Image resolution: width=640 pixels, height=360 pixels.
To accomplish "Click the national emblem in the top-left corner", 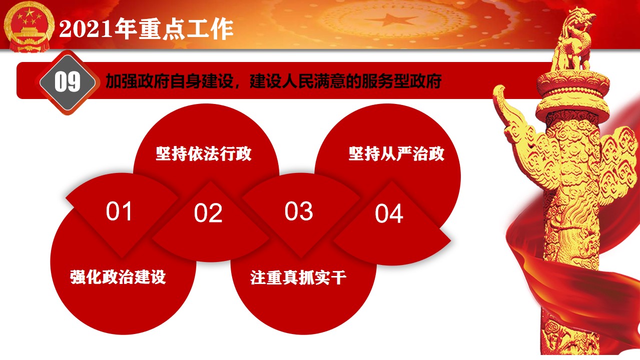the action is point(29,27).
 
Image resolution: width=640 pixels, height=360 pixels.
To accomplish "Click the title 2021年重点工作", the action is point(146,28).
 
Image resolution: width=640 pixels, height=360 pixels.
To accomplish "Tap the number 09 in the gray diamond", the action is point(68,82).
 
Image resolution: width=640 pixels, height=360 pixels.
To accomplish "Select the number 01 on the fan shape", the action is point(119,211).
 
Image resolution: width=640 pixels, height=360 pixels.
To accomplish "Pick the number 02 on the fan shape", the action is point(208,213).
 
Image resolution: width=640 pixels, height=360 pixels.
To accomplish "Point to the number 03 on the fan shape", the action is point(299,211).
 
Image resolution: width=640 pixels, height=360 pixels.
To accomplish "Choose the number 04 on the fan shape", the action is point(389,213).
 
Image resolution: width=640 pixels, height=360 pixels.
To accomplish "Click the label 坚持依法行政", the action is point(204,154).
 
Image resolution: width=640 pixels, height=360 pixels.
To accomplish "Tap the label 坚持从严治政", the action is point(397,154).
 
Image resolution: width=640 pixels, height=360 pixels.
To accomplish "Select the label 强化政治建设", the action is point(118,277).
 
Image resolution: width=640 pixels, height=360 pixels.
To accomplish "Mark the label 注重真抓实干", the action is point(298,277).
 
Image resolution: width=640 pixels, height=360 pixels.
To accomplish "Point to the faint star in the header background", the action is point(390,20).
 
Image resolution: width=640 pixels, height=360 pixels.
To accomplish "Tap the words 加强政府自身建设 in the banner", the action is point(170,81).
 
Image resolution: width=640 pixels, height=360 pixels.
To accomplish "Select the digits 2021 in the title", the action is point(86,29).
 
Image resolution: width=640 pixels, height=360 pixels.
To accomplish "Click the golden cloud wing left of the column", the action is point(517,128).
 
